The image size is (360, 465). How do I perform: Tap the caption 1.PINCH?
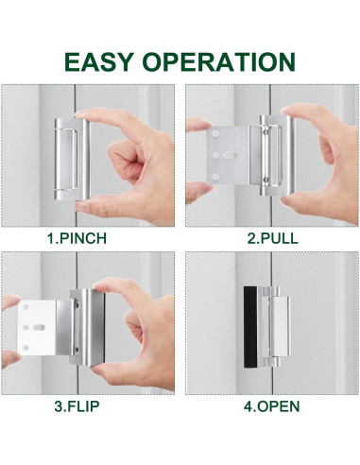pos(91,237)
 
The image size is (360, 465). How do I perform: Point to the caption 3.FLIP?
pos(91,407)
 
